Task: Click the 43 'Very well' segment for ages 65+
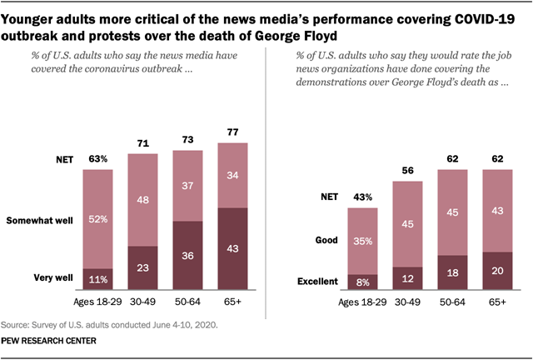(x=233, y=249)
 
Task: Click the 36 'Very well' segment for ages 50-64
(x=189, y=256)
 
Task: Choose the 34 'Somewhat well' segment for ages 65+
(x=233, y=175)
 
